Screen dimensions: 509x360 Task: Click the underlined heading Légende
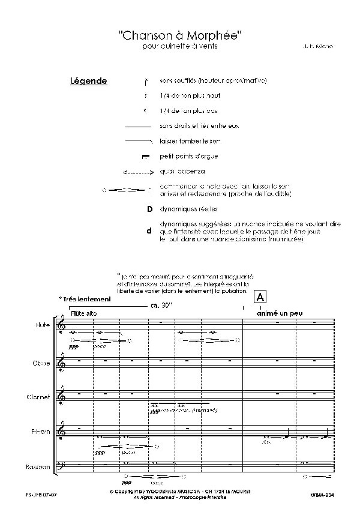(x=88, y=81)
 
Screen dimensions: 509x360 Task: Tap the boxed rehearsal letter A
(x=260, y=297)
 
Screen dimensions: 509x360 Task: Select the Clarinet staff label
(x=39, y=397)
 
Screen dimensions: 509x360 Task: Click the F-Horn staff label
(x=40, y=432)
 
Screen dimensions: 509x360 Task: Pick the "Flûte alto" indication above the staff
(x=83, y=313)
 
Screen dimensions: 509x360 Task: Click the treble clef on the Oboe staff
(x=61, y=362)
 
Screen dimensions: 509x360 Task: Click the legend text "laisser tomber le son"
(x=189, y=141)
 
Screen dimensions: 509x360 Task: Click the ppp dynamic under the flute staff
(x=74, y=346)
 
